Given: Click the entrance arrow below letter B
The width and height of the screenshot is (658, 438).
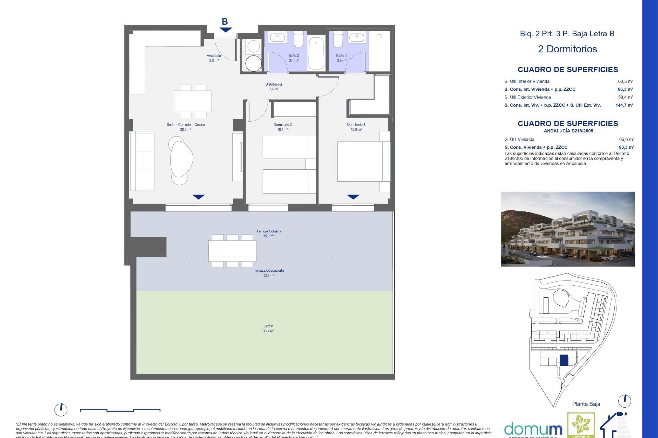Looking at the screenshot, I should tap(226, 30).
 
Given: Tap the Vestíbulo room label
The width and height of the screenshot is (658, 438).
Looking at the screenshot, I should tap(214, 58).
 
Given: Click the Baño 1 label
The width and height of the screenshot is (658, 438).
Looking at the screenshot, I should tap(341, 58).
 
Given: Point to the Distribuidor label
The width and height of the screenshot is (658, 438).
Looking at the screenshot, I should tap(273, 87).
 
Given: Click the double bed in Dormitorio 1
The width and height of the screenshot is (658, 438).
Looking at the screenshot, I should tap(360, 162).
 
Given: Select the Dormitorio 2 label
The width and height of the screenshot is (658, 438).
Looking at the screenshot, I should tap(282, 127).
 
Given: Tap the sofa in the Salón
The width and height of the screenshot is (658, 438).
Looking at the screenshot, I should tap(142, 161).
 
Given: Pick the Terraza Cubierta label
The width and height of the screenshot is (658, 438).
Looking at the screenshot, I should tap(269, 233).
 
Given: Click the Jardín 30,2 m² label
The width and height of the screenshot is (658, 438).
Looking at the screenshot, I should tap(268, 328).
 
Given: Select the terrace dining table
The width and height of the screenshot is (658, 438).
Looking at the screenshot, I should tap(232, 251).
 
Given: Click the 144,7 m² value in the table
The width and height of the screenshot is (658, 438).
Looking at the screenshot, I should tap(624, 105).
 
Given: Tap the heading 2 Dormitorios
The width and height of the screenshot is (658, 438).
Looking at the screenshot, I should tap(567, 49).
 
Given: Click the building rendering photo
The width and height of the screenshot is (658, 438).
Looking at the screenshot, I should tap(568, 229).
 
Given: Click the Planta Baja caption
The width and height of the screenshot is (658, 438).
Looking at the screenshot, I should tap(586, 404).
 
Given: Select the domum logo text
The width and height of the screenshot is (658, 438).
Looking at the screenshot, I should tap(533, 429).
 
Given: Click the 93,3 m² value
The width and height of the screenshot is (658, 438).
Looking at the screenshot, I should tap(626, 147).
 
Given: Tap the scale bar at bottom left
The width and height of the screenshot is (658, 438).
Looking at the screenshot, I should tap(120, 410).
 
